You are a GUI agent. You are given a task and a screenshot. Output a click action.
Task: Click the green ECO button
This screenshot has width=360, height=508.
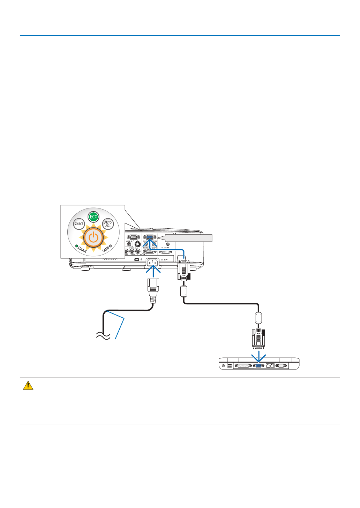93,217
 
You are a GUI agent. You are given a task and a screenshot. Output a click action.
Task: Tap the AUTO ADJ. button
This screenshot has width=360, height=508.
108,224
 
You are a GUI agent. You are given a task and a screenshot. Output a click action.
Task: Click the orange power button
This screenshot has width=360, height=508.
93,238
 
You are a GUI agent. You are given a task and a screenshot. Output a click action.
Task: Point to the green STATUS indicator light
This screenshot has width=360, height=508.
76,246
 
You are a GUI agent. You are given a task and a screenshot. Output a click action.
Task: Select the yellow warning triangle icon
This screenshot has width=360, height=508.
28,385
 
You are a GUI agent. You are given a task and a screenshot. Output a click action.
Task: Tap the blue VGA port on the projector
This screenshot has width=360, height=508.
149,237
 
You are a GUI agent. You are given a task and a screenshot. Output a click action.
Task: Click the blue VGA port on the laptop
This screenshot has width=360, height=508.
258,366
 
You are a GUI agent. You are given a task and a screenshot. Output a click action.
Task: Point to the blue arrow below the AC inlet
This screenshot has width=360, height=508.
153,271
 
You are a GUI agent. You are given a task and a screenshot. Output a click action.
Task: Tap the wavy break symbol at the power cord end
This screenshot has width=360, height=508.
103,335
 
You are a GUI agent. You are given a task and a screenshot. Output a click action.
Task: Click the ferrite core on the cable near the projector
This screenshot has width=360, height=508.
184,291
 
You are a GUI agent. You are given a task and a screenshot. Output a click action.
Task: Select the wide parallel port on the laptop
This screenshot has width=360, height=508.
243,366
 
